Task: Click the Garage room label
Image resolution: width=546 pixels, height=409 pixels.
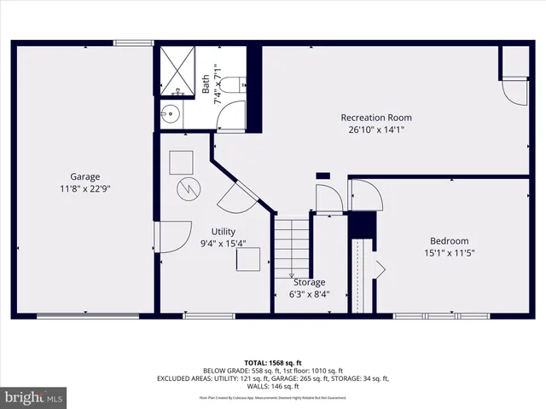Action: pos(85,176)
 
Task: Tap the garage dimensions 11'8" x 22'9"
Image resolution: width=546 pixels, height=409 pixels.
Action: pos(85,189)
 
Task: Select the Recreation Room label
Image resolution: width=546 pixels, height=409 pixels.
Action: pos(376,118)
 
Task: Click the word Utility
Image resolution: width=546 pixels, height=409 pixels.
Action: pos(224,232)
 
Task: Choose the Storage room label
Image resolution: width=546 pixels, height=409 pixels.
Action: pos(308,282)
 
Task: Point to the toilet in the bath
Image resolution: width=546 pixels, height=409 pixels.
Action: pos(238,84)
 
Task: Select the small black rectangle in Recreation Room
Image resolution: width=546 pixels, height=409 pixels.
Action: pos(322,176)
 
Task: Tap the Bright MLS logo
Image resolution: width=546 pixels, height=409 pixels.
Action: pos(34,397)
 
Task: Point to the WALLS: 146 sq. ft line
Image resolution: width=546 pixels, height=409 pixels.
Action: pos(273,386)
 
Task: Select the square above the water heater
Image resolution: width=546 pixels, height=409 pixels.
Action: pos(180,161)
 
